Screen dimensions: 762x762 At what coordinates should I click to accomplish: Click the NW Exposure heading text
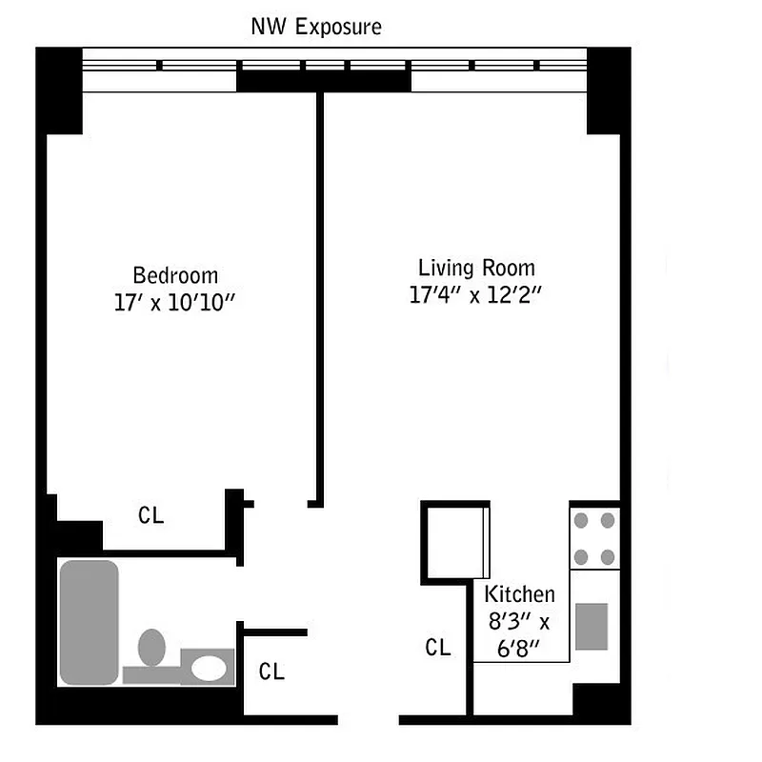315,27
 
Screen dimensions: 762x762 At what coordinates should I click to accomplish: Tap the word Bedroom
175,275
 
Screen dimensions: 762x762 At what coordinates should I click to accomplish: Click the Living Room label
476,268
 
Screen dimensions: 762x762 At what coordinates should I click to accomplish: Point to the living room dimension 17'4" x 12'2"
475,295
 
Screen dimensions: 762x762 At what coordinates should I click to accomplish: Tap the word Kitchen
520,594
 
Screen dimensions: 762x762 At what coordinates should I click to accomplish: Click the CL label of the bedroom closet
150,516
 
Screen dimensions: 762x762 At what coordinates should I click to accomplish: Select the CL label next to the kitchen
438,648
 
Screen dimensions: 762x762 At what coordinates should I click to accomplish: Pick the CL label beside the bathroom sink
271,672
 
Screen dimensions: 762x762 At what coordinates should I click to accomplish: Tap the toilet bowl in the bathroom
150,648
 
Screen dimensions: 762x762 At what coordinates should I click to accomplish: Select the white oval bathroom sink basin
209,668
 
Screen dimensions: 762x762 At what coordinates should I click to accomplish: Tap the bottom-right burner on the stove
608,556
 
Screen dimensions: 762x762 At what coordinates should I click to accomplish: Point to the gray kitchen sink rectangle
592,626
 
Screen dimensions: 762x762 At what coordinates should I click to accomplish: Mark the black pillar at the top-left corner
59,90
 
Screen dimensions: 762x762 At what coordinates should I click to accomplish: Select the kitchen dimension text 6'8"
520,649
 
